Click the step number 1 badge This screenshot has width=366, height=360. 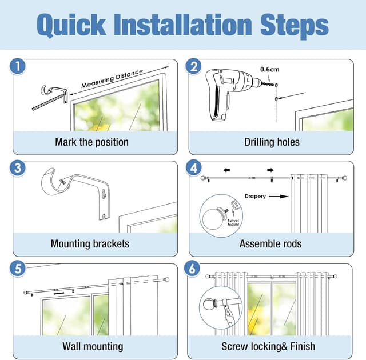18,66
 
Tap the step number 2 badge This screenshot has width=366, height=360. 193,66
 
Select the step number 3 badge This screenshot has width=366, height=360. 18,168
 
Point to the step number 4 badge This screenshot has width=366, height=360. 193,168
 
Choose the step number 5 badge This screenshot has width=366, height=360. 18,269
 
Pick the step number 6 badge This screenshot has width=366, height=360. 192,269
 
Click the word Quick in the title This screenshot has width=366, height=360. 71,25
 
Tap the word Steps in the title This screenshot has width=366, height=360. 295,26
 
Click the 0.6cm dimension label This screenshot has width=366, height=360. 269,69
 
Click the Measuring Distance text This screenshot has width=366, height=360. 112,79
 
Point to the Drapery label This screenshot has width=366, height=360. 255,197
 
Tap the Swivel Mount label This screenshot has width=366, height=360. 233,222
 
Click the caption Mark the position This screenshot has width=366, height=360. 91,142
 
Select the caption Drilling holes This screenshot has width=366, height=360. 272,142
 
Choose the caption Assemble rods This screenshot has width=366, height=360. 270,244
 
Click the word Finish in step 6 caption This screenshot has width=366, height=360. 303,346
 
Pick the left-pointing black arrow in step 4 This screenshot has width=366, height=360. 226,170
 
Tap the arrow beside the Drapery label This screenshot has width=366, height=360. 279,197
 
